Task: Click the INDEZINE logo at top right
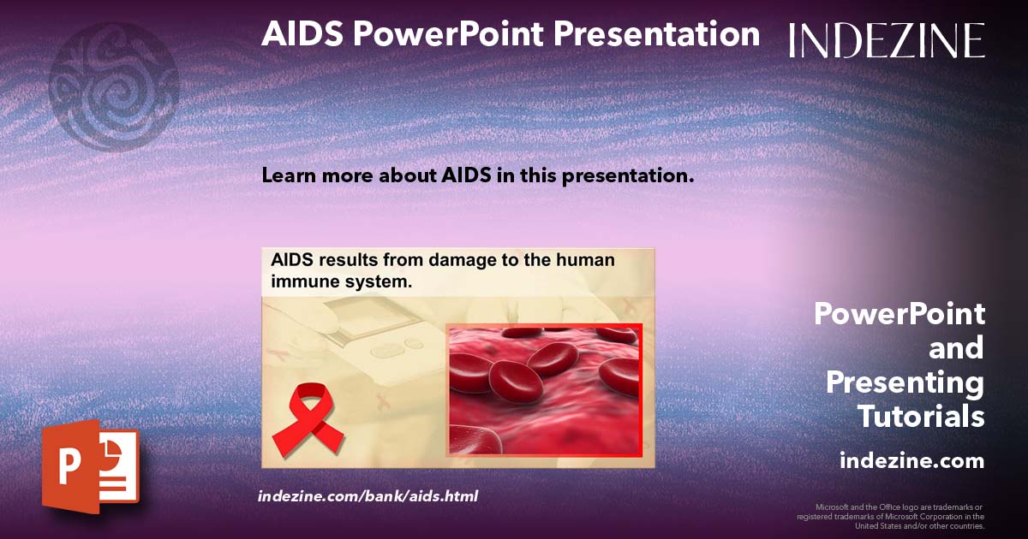click(887, 40)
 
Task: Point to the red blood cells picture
click(544, 390)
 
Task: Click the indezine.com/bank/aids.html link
click(368, 496)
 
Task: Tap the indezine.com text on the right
click(911, 461)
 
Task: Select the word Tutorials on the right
click(921, 418)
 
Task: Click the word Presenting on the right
click(905, 382)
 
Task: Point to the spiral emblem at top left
click(113, 86)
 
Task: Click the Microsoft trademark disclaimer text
click(891, 517)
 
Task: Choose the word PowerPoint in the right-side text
click(899, 314)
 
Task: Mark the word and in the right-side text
click(957, 348)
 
